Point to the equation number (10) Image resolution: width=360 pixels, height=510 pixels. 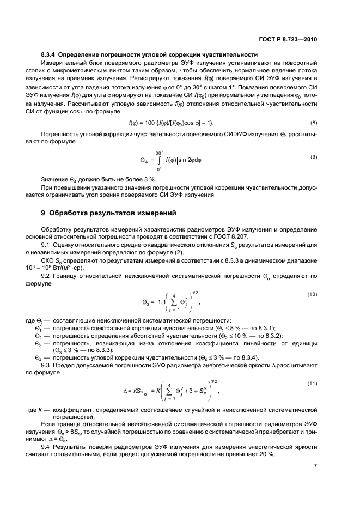(x=313, y=295)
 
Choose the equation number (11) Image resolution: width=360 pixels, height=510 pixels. (x=313, y=384)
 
